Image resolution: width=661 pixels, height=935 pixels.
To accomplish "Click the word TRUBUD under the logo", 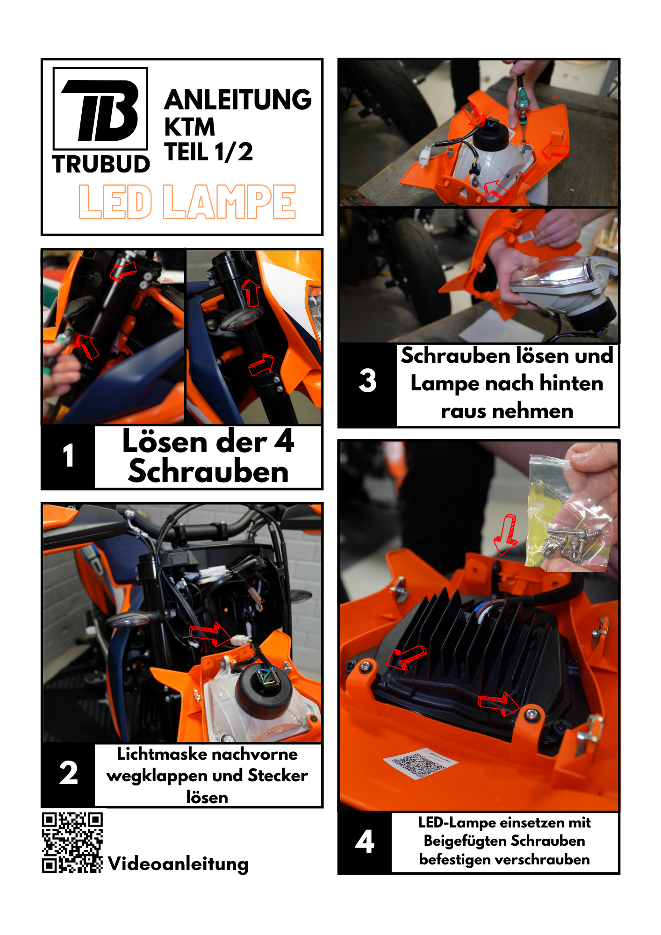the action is pos(101,165).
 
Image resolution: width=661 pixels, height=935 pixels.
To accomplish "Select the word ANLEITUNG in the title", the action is pos(238,100).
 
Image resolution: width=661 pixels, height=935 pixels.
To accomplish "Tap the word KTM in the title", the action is pos(190,127).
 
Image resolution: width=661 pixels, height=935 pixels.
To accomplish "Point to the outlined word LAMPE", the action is pos(229,201).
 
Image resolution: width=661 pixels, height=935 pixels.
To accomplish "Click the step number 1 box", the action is pos(68,456).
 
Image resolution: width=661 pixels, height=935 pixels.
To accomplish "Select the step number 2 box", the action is pos(68,774).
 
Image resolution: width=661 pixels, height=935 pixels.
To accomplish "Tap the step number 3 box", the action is pos(368,381).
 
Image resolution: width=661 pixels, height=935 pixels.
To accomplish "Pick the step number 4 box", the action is pos(365,842).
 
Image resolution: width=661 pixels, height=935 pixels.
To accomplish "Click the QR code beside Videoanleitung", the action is pos(72,842).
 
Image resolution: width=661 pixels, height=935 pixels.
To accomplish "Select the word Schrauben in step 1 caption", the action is pos(208,471).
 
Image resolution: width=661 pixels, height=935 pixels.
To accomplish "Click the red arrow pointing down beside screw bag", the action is pos(506,534).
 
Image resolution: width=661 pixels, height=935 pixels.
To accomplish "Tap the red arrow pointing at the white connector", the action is pos(210,633).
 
